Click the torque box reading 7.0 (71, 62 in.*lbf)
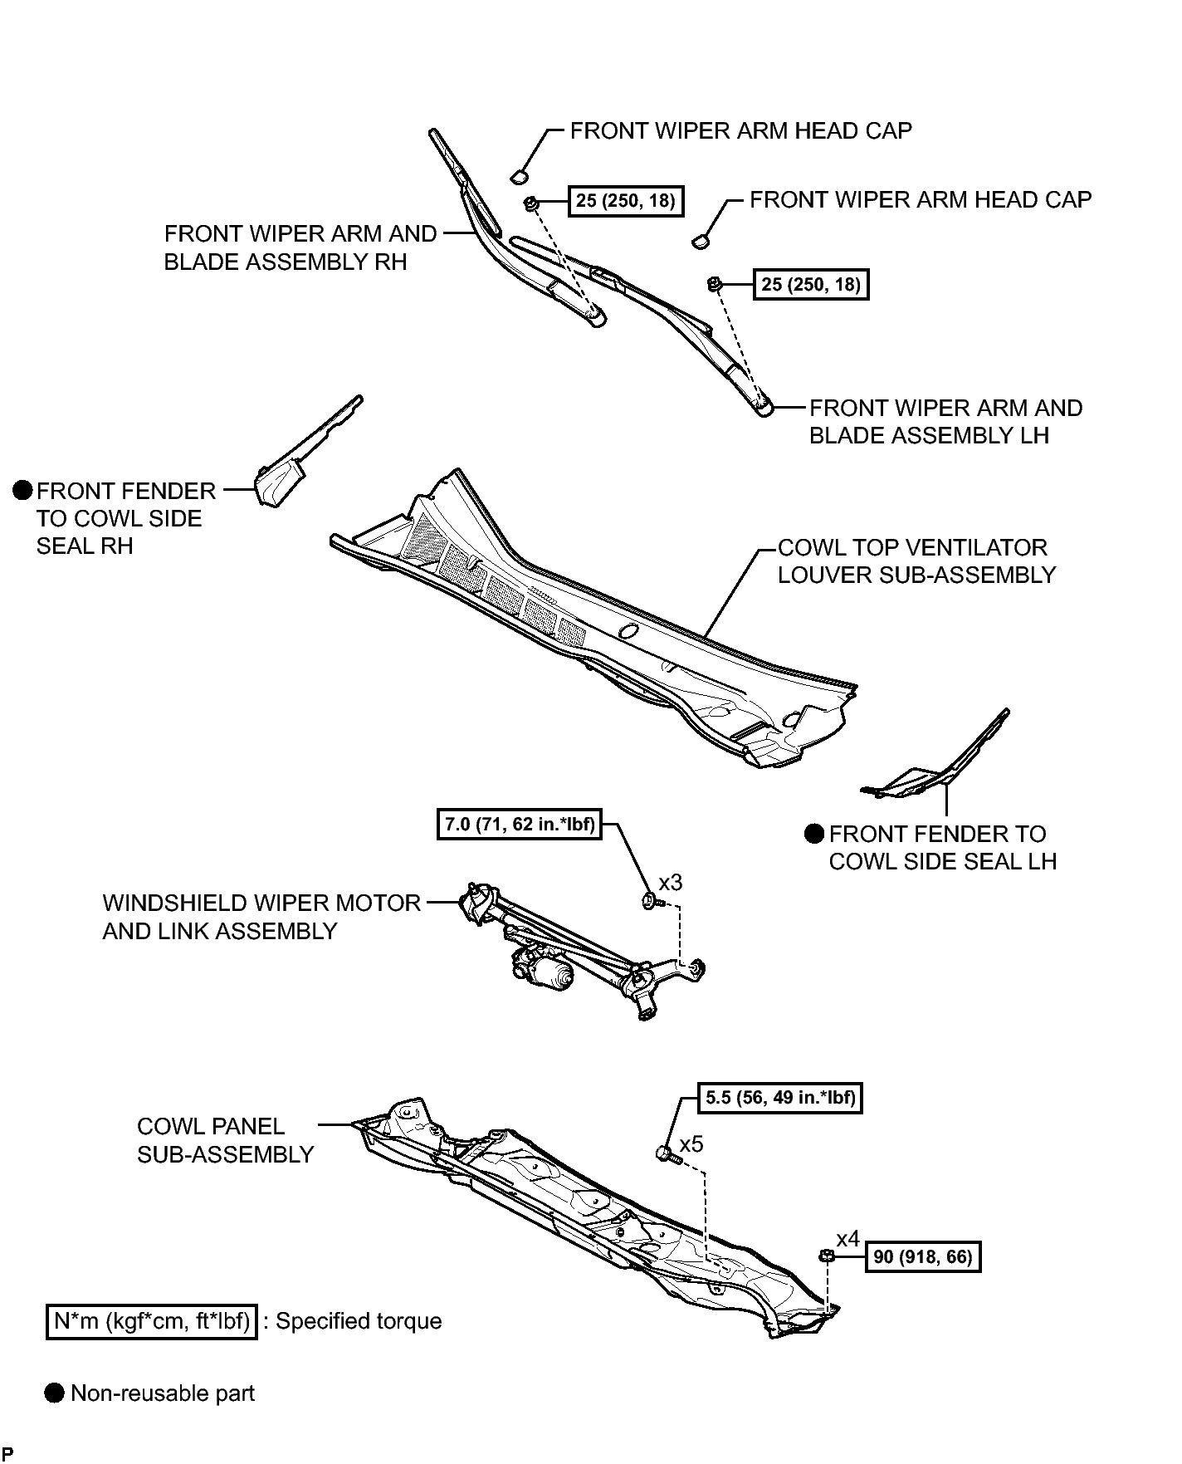519,825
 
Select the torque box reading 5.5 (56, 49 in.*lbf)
780,1098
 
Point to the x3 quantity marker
670,882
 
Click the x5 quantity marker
691,1144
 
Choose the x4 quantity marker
847,1240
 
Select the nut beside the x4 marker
827,1255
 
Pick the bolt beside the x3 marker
651,901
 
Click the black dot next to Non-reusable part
54,1393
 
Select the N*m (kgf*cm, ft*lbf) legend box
151,1320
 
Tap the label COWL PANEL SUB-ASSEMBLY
225,1140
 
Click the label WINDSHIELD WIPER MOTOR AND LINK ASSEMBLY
261,917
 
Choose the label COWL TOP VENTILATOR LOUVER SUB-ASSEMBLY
916,561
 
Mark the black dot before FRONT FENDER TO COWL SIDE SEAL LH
813,833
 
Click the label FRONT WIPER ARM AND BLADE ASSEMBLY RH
300,247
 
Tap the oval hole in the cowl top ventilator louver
628,631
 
